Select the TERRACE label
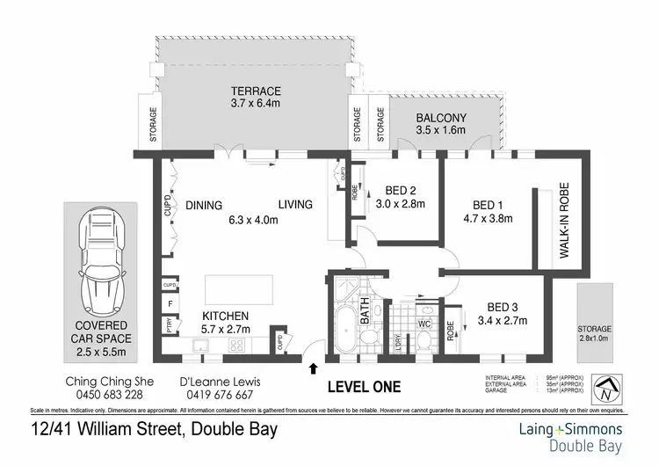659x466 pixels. (256, 91)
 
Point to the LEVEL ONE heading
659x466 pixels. (364, 386)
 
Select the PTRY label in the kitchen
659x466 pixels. (167, 324)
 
